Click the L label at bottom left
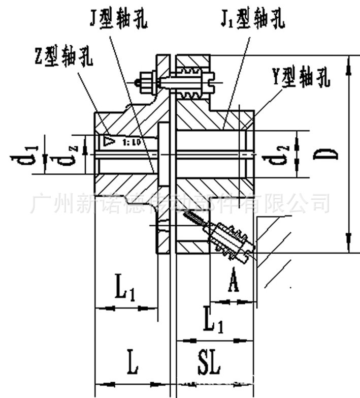(133, 364)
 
